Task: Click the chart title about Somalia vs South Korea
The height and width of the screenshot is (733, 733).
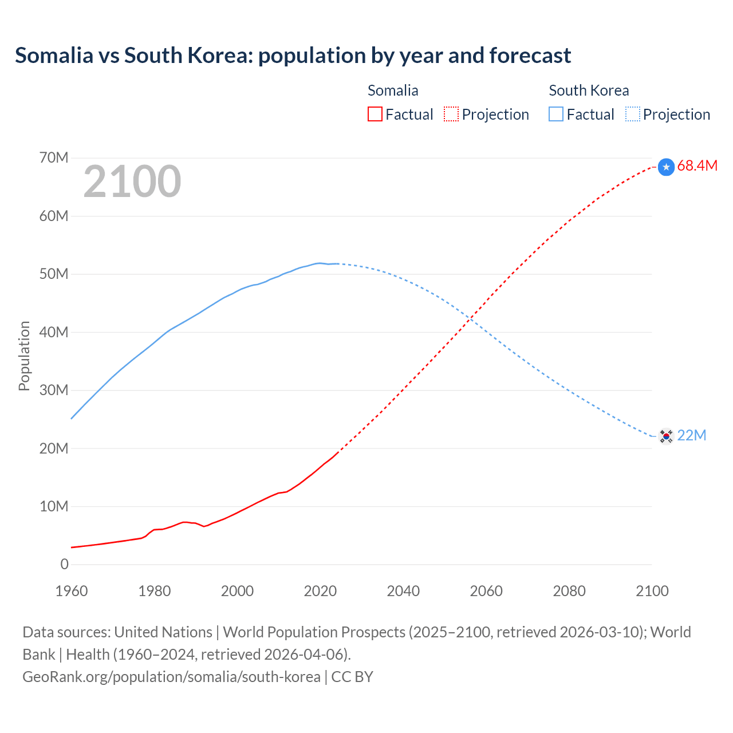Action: pyautogui.click(x=293, y=56)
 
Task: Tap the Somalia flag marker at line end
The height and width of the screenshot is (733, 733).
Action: pyautogui.click(x=666, y=167)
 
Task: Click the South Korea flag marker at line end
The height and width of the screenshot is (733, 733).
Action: pyautogui.click(x=665, y=436)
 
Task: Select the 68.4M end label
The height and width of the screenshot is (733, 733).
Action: pyautogui.click(x=697, y=166)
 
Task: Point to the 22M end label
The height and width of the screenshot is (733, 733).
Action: pyautogui.click(x=691, y=436)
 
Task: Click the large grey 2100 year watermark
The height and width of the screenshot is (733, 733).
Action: pyautogui.click(x=132, y=182)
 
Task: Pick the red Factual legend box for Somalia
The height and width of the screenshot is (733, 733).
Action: pyautogui.click(x=375, y=115)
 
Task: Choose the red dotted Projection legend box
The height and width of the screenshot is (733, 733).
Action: pyautogui.click(x=451, y=115)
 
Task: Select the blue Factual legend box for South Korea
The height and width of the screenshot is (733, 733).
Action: pyautogui.click(x=556, y=115)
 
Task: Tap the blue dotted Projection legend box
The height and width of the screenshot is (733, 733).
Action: pyautogui.click(x=633, y=115)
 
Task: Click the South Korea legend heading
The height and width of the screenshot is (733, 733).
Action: pyautogui.click(x=589, y=90)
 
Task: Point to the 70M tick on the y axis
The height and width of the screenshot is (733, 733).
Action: pyautogui.click(x=54, y=157)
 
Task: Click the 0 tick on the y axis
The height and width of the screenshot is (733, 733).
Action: pyautogui.click(x=64, y=564)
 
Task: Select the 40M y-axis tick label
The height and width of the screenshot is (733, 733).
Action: pyautogui.click(x=54, y=332)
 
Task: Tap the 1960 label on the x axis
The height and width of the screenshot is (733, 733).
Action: pyautogui.click(x=72, y=591)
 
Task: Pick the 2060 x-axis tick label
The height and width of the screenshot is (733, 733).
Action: pyautogui.click(x=486, y=591)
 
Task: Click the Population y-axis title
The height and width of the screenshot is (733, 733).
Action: pyautogui.click(x=24, y=356)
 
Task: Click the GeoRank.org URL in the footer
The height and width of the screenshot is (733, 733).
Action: pyautogui.click(x=171, y=677)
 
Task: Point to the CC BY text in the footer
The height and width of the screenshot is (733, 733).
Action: pyautogui.click(x=352, y=677)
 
